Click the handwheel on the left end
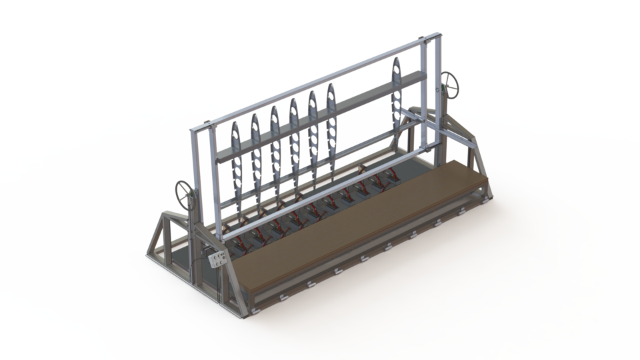pyautogui.click(x=185, y=194)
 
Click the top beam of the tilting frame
pyautogui.click(x=313, y=80)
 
